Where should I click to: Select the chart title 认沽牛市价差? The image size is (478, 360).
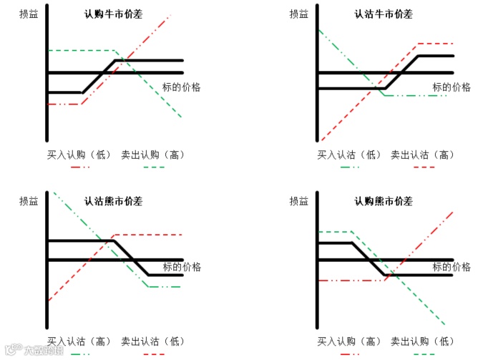[384, 14]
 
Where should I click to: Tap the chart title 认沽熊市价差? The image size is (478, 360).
[113, 201]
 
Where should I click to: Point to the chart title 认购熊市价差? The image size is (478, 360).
[384, 201]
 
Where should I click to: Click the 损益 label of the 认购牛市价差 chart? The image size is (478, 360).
[29, 14]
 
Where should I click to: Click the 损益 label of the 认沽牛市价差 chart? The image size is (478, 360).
[300, 14]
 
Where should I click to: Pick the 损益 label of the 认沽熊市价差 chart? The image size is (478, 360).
[29, 202]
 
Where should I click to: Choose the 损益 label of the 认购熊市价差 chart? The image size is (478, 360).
[300, 202]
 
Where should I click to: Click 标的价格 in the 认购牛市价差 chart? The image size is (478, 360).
[182, 87]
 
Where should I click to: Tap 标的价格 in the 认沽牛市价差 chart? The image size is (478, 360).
[452, 87]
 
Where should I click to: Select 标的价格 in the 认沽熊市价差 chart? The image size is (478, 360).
[182, 267]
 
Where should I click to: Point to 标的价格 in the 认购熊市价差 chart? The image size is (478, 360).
[452, 267]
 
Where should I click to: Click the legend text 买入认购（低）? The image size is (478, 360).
[79, 154]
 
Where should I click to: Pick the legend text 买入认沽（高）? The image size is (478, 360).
[79, 341]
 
